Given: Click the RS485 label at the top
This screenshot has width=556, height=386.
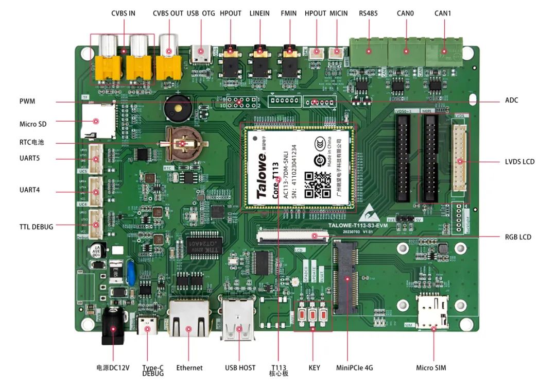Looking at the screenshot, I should click(368, 13).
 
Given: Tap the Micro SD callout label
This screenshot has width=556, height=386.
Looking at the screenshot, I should click(33, 124).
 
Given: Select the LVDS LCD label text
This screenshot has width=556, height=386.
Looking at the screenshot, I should click(519, 162).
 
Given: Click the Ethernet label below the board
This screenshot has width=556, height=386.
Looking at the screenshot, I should click(189, 368).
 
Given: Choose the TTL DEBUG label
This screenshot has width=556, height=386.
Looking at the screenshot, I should click(36, 227).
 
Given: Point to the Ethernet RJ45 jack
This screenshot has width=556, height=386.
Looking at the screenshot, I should click(189, 318).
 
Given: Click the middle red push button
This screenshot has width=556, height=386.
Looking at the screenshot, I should click(312, 314).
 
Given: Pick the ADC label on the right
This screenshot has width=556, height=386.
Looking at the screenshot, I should click(511, 100).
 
